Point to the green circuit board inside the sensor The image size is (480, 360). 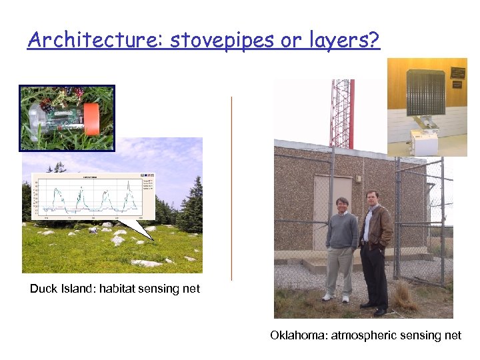tap(63, 120)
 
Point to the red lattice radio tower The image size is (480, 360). tap(341, 113)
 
